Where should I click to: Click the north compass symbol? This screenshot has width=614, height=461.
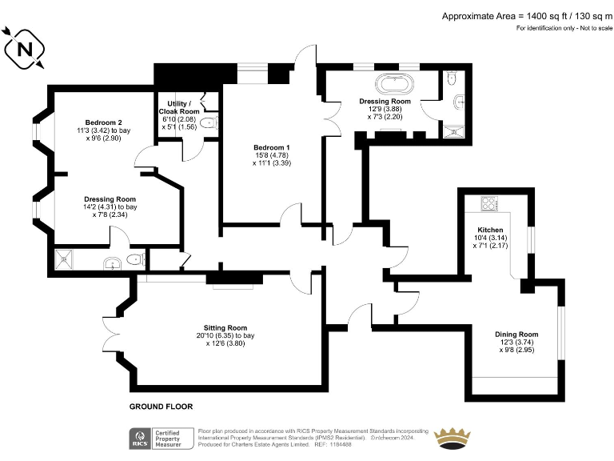tap(23, 49)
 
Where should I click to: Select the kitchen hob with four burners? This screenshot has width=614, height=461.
tap(488, 203)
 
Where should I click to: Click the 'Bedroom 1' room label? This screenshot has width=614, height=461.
tap(272, 148)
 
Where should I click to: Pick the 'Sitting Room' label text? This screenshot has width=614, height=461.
tap(225, 328)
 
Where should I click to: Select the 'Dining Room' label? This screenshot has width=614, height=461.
tap(517, 334)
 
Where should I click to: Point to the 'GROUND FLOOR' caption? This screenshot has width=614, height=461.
tap(161, 407)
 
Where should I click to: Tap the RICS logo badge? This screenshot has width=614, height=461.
tap(140, 439)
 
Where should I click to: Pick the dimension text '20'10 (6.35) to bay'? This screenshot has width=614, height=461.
tap(225, 336)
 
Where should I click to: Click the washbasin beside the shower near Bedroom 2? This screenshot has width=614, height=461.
tap(111, 260)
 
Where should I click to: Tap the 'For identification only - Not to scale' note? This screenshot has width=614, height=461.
tap(564, 28)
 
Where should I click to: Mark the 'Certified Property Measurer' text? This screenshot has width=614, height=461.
tap(169, 439)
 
